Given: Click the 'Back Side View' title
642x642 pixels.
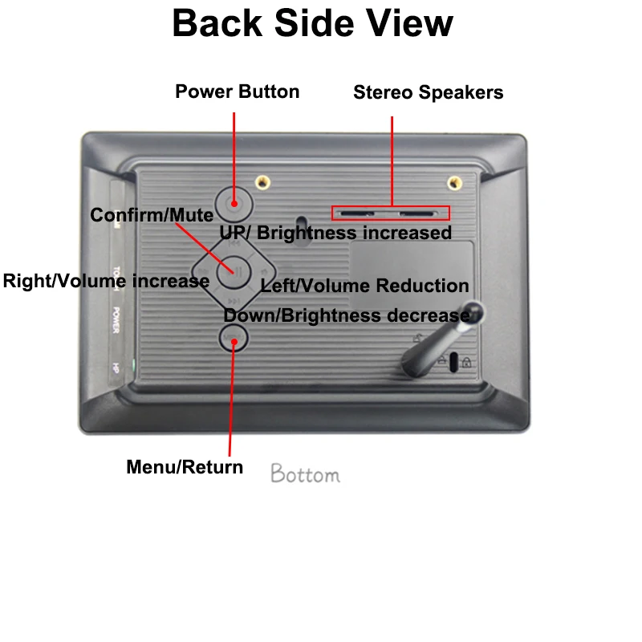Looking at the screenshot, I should pos(312,23).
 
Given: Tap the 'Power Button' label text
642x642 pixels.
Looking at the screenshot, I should pos(237,91).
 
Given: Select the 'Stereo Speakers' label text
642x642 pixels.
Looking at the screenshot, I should pos(428,92).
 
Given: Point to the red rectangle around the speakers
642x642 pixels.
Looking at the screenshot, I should pos(391,213).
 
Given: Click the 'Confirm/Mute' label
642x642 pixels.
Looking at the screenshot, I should pos(152,215).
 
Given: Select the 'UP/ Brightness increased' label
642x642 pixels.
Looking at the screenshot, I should pos(335,233).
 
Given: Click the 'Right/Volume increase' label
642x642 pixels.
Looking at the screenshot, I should pos(106,281).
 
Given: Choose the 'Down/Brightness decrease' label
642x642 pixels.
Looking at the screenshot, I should pos(346,315).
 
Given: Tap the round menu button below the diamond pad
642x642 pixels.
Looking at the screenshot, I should pos(234,339).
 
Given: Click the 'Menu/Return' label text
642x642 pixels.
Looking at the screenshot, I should pos(185,466).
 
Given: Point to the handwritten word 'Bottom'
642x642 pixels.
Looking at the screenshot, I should pos(305,474).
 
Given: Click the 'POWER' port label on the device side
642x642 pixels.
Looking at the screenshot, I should pos(116,319).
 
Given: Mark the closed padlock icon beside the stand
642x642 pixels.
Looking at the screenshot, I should pos(467,363).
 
